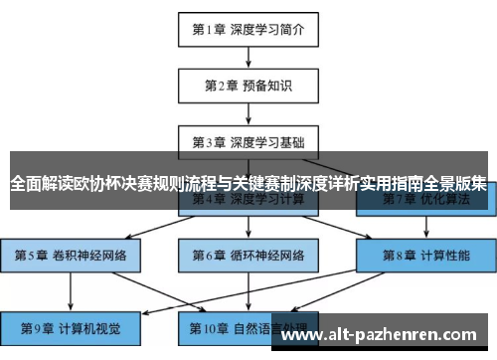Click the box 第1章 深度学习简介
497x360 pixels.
(248, 28)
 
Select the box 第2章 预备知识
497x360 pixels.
(248, 85)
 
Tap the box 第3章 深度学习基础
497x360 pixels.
(248, 141)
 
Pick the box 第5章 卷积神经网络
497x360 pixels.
(71, 256)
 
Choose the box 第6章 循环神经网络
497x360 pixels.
(248, 256)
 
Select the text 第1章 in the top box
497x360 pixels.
(211, 28)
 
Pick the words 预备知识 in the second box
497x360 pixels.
(266, 85)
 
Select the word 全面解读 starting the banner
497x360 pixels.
(38, 184)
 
